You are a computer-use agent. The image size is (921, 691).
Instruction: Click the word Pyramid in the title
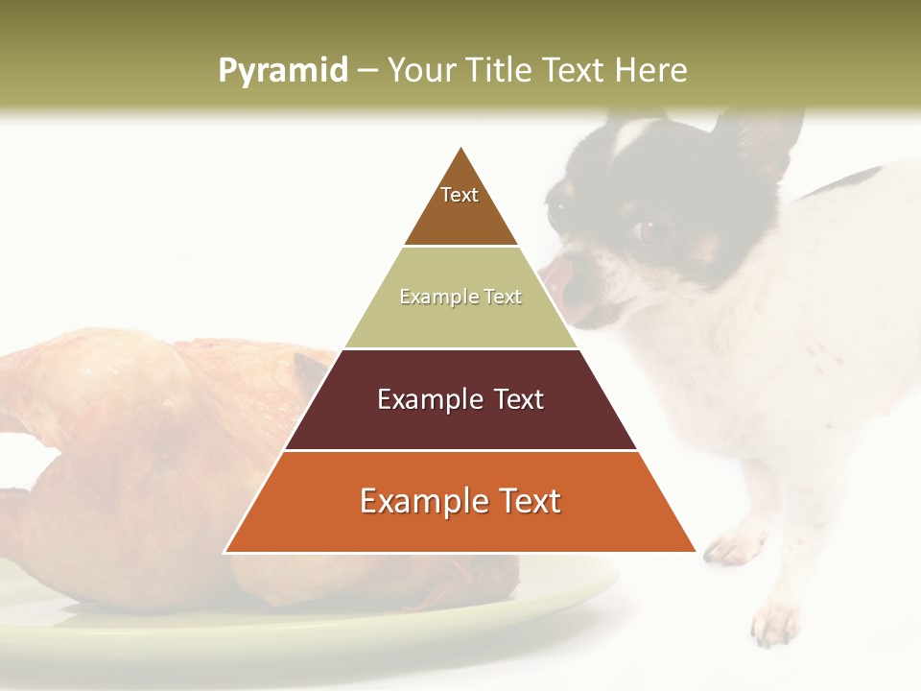tap(282, 70)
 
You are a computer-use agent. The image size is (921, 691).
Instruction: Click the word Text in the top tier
tap(460, 195)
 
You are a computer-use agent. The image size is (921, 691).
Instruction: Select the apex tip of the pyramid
tap(461, 150)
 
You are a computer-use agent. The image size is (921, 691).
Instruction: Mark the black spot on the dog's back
tap(844, 182)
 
